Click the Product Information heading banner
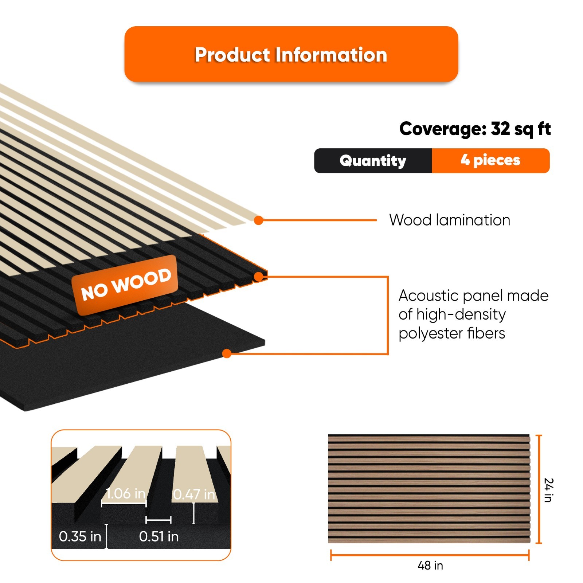(291, 54)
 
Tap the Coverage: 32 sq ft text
(475, 129)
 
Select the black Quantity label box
(373, 161)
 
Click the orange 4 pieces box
(490, 161)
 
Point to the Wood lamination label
(450, 220)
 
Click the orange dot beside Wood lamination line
(259, 220)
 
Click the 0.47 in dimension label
(194, 494)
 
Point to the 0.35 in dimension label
(80, 536)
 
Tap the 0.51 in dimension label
(159, 536)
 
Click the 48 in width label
(430, 566)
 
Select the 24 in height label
(548, 490)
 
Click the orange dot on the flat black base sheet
(227, 353)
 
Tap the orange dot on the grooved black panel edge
(258, 277)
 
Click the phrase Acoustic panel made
(473, 296)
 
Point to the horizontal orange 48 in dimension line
(430, 556)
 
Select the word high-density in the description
(461, 314)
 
